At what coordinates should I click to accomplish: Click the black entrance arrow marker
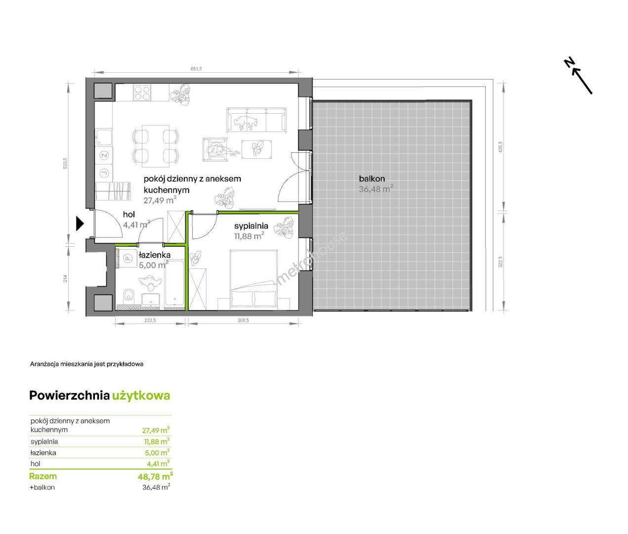[80, 223]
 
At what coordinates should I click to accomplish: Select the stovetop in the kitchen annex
[142, 93]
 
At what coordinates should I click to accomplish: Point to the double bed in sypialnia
[253, 279]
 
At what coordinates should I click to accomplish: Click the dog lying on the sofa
[246, 122]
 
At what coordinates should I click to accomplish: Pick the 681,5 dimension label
[196, 69]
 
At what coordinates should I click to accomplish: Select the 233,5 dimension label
[150, 320]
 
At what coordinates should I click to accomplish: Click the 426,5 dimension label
[501, 147]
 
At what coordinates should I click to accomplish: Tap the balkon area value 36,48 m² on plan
[376, 189]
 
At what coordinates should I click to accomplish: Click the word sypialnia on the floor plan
[251, 226]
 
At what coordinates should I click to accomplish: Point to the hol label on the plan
[129, 215]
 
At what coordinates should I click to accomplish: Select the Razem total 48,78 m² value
[155, 476]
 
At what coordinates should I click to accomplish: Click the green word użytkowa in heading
[141, 396]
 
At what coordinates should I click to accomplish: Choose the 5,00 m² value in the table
[157, 452]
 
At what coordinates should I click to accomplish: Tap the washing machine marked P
[127, 258]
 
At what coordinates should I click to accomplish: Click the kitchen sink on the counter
[104, 137]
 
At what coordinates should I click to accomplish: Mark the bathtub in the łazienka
[174, 284]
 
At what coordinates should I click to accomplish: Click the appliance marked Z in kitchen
[104, 155]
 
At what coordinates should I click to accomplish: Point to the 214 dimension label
[65, 278]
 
